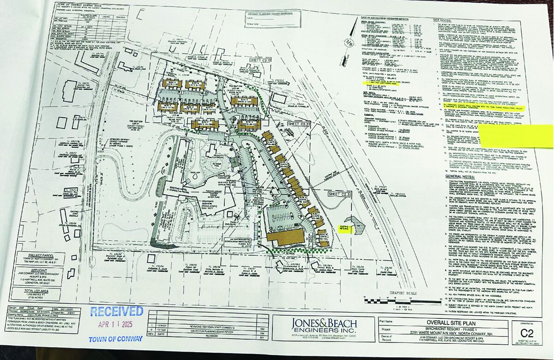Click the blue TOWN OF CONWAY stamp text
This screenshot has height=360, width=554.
pyautogui.click(x=114, y=339)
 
